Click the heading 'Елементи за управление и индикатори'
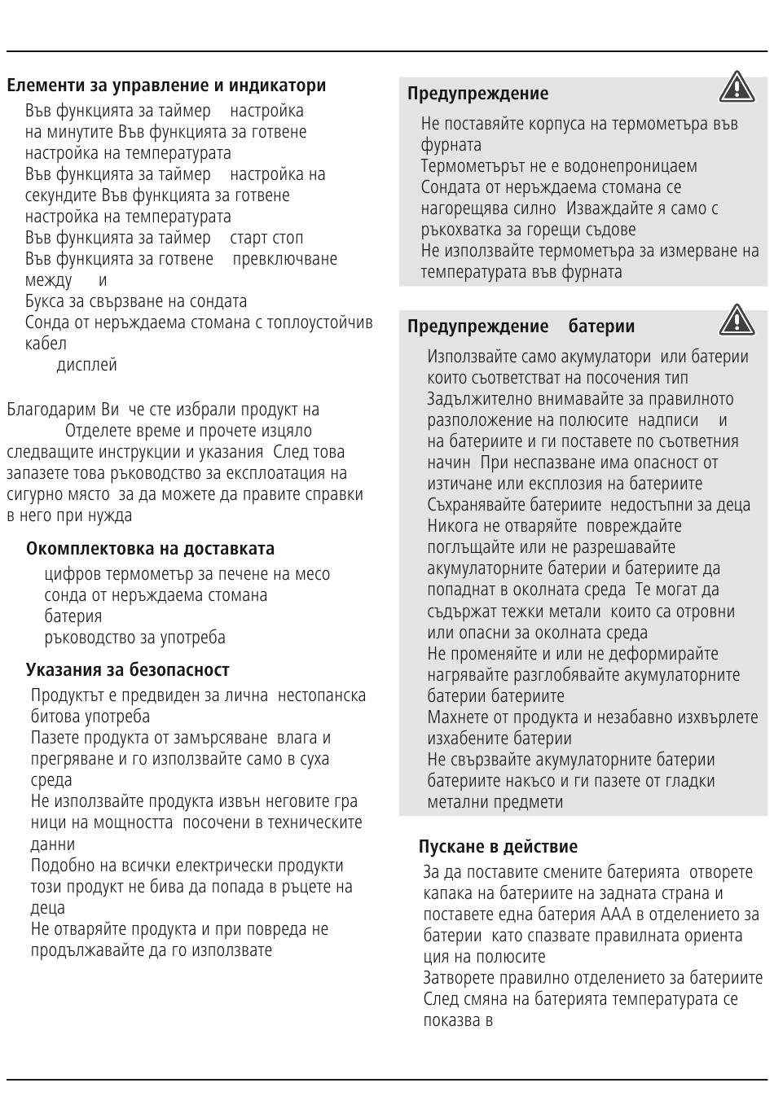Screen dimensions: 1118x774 point(166,85)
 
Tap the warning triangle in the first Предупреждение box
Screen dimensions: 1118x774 point(736,88)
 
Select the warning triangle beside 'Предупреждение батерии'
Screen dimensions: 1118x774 point(736,320)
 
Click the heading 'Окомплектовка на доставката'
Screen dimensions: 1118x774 point(150,549)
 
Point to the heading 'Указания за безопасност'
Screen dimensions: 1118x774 point(127,670)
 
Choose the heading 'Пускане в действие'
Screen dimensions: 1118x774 point(498,847)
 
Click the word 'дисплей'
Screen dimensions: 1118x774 point(86,365)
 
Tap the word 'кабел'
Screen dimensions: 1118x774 point(46,344)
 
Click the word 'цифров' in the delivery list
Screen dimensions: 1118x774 point(72,574)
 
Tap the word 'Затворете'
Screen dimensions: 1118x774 point(462,978)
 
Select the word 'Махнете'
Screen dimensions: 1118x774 point(460,717)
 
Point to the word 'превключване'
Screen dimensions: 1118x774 point(284,259)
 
